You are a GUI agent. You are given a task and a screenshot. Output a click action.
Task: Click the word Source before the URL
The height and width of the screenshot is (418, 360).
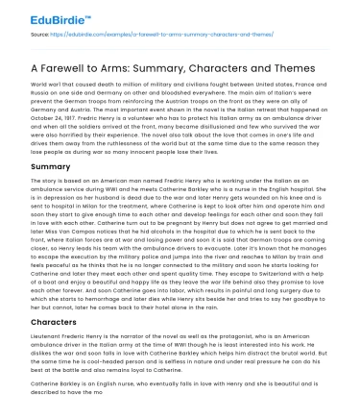tap(29, 34)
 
